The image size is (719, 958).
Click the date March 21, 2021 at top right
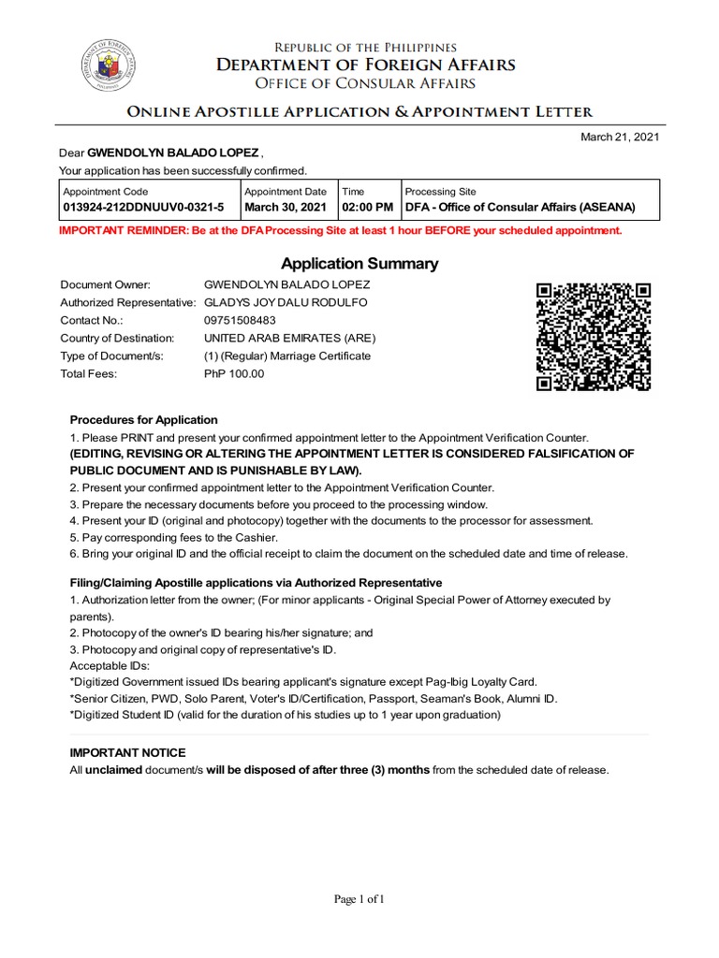[x=621, y=138]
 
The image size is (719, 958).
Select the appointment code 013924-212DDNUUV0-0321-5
[x=143, y=207]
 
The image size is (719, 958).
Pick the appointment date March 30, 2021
[x=286, y=207]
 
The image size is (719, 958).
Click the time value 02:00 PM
[x=368, y=207]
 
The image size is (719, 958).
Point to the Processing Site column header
[x=440, y=192]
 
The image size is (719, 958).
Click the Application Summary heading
[x=359, y=264]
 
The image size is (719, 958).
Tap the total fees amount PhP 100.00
[x=234, y=373]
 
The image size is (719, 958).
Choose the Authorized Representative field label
[x=128, y=302]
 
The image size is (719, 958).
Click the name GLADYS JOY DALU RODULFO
[x=286, y=302]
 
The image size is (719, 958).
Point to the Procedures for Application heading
[x=144, y=420]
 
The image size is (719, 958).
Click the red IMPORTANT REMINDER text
[x=340, y=230]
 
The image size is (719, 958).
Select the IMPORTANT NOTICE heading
[x=128, y=753]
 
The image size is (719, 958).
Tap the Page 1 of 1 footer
[x=359, y=900]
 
